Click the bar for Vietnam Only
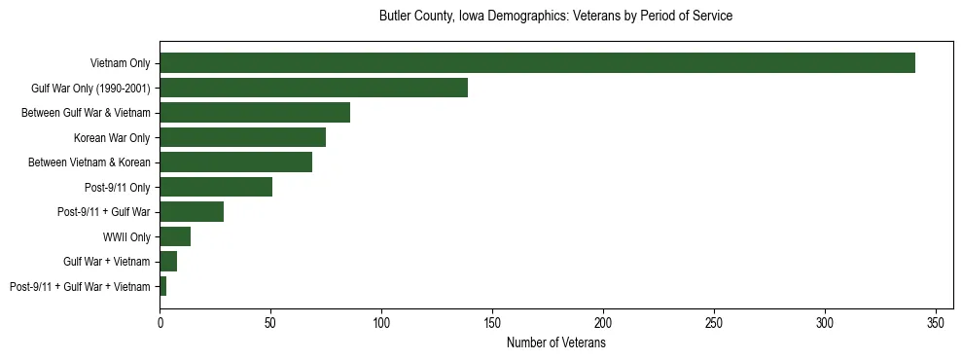(537, 63)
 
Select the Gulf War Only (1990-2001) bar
(313, 88)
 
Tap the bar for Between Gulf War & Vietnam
(255, 113)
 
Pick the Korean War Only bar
(242, 137)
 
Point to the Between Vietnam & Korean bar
(235, 162)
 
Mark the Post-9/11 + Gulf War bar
(192, 212)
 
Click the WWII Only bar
(175, 236)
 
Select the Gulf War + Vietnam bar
(168, 262)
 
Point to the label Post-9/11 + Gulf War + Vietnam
(80, 287)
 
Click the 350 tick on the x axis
(936, 321)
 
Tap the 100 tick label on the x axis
(381, 321)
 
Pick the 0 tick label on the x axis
(160, 321)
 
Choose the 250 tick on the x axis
(714, 321)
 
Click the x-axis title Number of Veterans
(556, 343)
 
